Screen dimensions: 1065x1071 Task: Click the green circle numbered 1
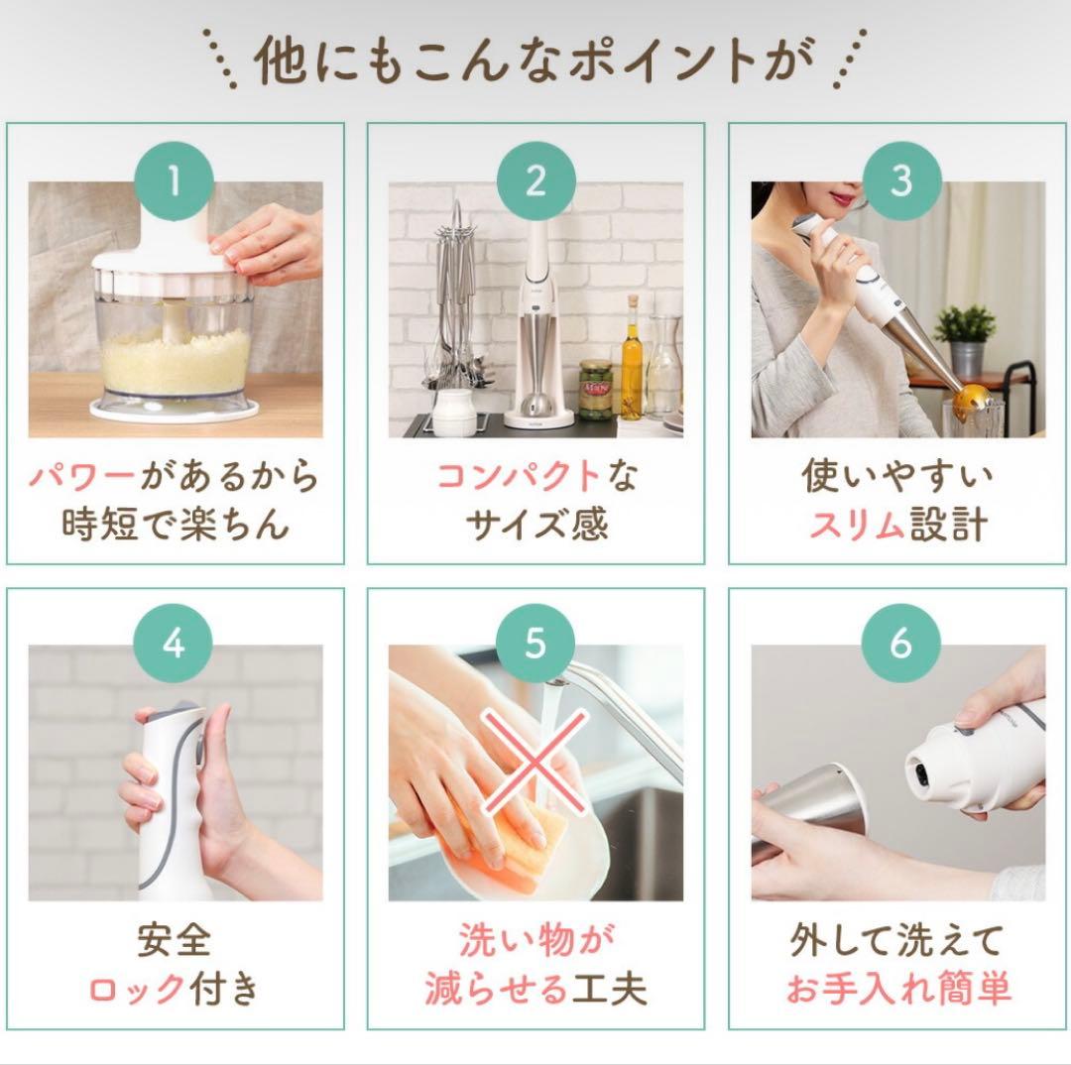175,180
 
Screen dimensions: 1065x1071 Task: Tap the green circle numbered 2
535,180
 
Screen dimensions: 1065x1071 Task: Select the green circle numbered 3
899,180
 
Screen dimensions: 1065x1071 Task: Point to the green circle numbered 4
175,644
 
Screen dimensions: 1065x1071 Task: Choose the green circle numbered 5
535,644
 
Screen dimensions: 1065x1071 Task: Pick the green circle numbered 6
899,644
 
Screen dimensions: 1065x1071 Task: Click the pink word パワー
81,477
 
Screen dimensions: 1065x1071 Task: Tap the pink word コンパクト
519,477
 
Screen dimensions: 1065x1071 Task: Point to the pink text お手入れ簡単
898,989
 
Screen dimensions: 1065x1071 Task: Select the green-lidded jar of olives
595,389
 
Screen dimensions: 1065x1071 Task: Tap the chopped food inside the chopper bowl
177,362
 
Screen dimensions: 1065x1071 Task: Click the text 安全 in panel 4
175,940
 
